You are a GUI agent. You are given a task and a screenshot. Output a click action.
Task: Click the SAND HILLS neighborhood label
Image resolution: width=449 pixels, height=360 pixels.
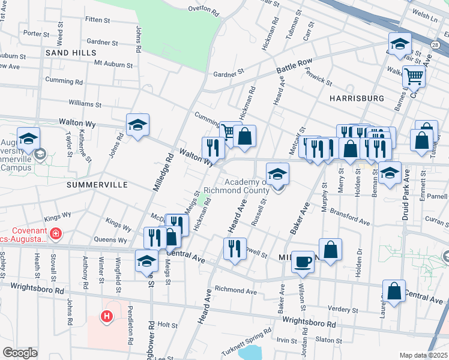pos(70,53)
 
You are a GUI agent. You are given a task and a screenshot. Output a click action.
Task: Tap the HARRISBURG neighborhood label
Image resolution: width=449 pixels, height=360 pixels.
pos(356,98)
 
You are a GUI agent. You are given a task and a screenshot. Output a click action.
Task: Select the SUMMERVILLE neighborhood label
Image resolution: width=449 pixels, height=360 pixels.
pos(97,185)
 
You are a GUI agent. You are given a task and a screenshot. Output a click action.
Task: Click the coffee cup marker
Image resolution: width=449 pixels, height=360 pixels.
pos(303,262)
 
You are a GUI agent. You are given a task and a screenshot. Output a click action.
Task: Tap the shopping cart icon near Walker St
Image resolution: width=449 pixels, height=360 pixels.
pos(414,76)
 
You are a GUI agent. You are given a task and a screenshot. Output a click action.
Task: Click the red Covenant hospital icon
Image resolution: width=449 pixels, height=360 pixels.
pos(56,233)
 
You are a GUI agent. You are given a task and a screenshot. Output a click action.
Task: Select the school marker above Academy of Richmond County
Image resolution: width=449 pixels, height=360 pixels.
pos(277,174)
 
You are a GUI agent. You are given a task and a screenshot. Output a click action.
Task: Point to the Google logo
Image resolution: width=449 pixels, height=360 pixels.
pos(20,353)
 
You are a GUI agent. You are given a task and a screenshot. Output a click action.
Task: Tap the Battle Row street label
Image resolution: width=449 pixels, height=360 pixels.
pos(294,67)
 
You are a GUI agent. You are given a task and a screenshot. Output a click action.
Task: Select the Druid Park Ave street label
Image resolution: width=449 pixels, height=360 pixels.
pos(406,195)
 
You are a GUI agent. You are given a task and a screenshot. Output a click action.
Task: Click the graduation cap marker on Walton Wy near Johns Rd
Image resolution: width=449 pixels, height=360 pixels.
pos(138,125)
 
